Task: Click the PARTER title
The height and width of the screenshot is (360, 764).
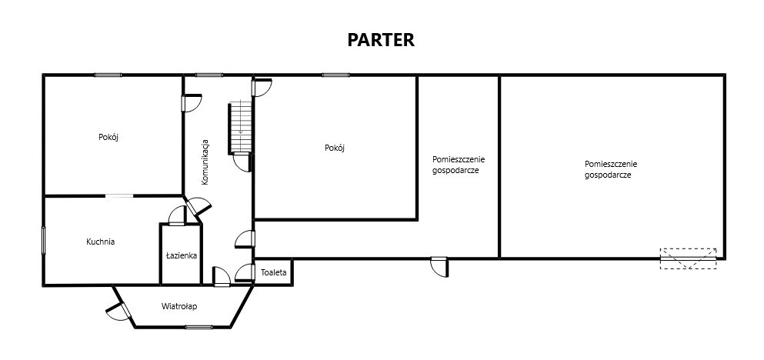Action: pos(381,40)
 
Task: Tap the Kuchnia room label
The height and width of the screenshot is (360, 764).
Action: pos(100,241)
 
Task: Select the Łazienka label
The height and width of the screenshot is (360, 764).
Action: pos(182,255)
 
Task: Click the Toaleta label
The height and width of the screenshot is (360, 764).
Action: pos(274,273)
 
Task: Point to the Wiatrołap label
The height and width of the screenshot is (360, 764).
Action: pos(179,306)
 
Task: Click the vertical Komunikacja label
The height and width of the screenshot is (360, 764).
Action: pos(205,162)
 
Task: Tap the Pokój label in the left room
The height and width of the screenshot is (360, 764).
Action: pos(108,137)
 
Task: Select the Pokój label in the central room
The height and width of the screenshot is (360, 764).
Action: pos(335,148)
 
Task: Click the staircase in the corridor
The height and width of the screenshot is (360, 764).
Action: pos(240,127)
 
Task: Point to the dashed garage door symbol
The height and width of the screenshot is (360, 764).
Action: pos(689,258)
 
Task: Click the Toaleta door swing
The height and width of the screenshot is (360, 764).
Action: pos(245,273)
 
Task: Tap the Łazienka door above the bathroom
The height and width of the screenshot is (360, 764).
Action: pos(178,216)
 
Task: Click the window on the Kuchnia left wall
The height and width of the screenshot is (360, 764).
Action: pos(43,241)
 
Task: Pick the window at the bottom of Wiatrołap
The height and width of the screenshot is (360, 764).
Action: pos(199,327)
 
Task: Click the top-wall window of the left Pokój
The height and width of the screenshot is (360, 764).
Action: pos(108,75)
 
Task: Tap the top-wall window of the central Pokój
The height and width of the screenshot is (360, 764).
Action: pos(335,75)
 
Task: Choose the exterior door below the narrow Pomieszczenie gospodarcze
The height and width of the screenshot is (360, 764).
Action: pos(439,267)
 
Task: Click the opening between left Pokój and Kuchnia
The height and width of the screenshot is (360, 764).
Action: pos(119,196)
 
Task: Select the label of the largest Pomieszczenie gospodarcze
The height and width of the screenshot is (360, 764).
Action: pos(611,169)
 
